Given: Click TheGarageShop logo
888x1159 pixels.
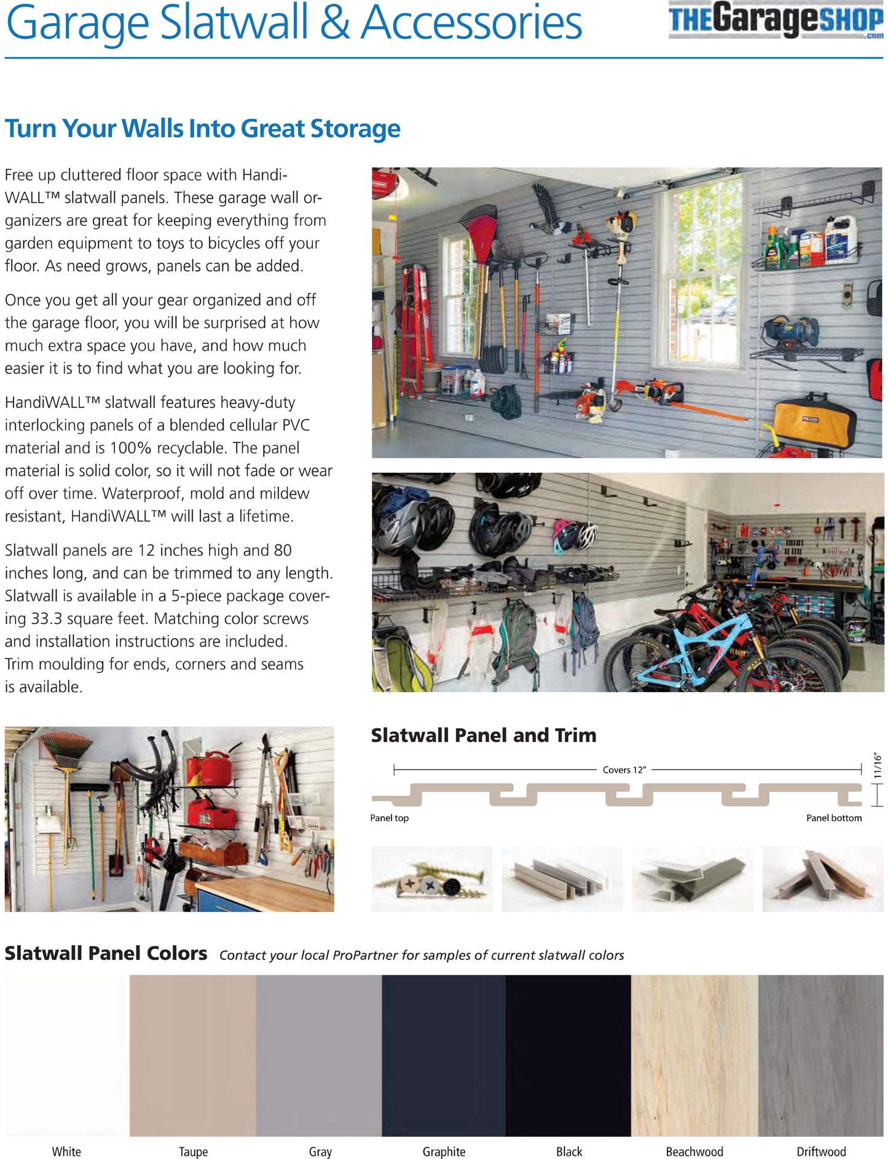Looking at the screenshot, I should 776,20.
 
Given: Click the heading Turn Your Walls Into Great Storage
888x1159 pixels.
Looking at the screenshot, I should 202,128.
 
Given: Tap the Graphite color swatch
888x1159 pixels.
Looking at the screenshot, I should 444,1054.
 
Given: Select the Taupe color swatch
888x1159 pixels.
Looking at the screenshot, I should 193,1054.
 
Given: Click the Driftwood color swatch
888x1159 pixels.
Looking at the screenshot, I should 821,1054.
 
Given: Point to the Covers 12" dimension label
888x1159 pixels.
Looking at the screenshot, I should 624,770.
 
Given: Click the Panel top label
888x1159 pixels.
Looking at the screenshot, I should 389,818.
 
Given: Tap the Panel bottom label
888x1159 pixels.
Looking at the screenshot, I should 834,818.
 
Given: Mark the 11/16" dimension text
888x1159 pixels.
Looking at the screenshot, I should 878,767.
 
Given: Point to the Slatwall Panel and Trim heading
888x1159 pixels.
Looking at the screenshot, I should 484,735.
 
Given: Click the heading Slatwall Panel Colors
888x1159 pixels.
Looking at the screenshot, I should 106,953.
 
